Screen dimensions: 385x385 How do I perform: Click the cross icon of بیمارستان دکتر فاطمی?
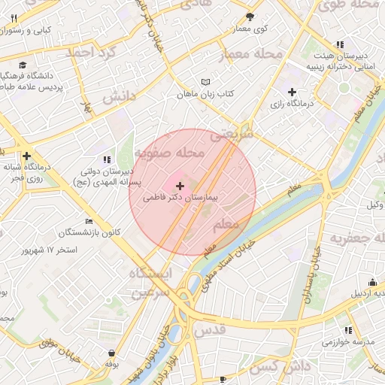click(x=179, y=185)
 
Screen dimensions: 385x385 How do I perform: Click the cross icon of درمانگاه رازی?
click(x=293, y=92)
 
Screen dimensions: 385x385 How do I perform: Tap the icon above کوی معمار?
click(x=250, y=16)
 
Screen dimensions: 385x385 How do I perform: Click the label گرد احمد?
click(x=92, y=53)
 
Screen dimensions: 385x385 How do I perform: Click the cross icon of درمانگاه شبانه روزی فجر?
click(x=27, y=156)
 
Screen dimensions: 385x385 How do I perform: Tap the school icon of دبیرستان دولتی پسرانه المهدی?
click(x=107, y=159)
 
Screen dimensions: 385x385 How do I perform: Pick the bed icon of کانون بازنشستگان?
click(x=89, y=222)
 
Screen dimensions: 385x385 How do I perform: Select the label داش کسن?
click(x=275, y=366)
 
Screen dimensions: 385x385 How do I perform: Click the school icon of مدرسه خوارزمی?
click(x=347, y=329)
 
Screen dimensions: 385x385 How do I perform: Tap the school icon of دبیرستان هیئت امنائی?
click(x=341, y=45)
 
